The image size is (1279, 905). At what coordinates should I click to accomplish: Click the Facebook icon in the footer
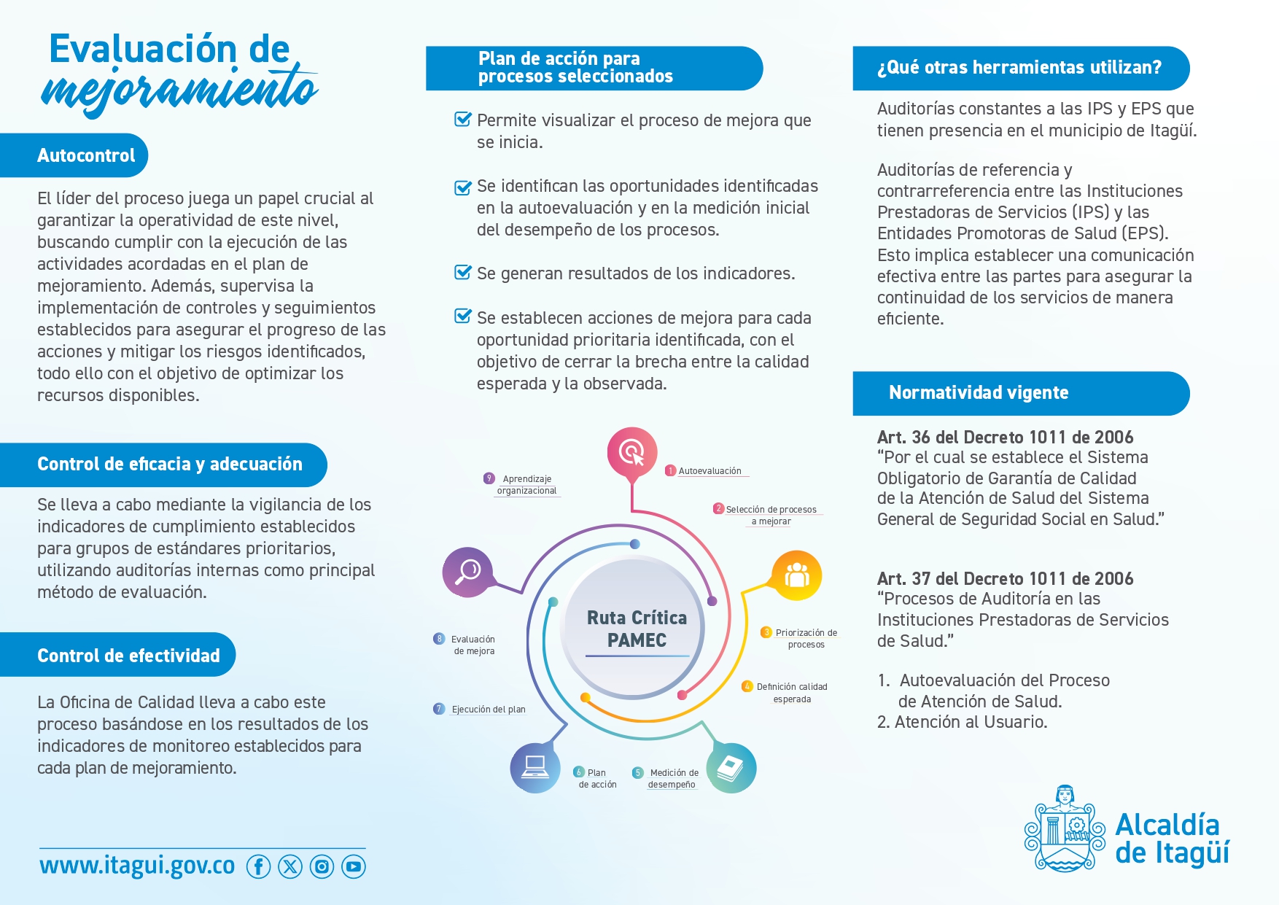point(258,866)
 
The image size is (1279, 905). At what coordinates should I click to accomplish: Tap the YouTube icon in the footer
point(354,866)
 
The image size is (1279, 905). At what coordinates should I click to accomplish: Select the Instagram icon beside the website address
point(322,866)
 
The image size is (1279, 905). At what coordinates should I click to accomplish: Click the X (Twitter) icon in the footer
point(290,866)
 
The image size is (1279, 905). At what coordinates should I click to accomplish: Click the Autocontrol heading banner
point(74,155)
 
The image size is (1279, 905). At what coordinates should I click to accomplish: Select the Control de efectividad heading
point(117,655)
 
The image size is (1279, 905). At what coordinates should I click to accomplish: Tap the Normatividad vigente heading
point(1021,393)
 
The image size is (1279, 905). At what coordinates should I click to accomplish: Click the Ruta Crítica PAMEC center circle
point(635,627)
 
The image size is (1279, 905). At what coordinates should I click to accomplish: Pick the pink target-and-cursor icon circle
point(632,452)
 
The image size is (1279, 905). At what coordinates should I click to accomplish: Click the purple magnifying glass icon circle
point(467,572)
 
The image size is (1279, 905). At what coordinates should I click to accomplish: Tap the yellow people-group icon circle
point(796,575)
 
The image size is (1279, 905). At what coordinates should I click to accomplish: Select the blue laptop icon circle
point(535,767)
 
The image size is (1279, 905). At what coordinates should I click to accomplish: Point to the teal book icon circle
point(731,768)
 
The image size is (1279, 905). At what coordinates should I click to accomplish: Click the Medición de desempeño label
point(666,778)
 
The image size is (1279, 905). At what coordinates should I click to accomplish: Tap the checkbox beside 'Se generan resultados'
point(463,272)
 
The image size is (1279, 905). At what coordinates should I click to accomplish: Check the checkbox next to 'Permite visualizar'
point(463,119)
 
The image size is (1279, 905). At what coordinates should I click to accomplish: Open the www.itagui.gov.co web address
point(137,866)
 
